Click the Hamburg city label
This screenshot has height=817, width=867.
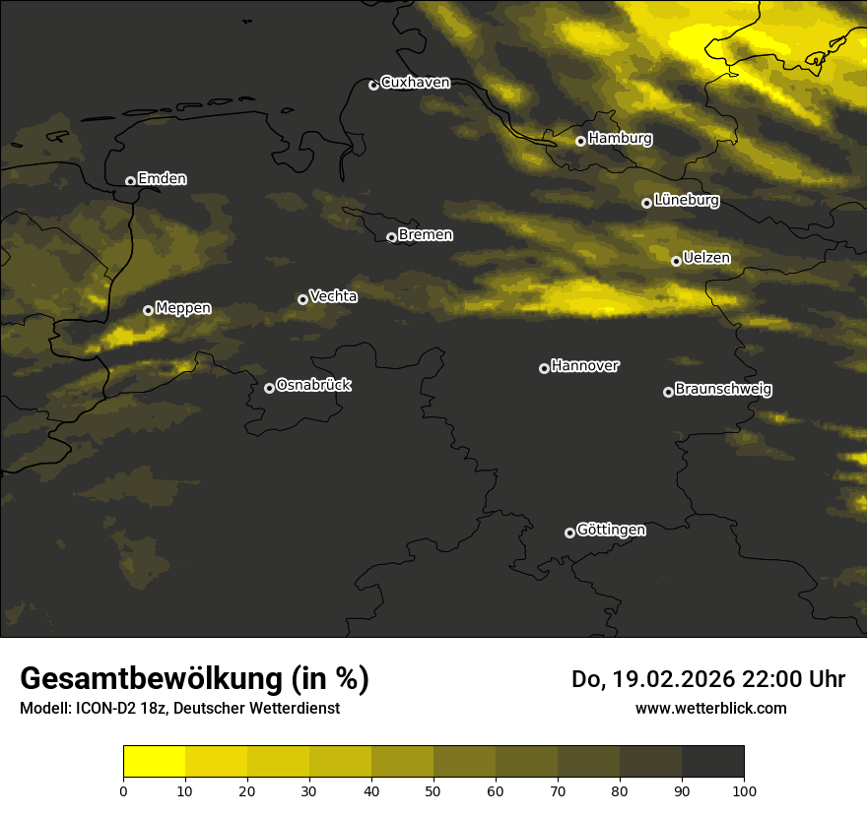(620, 139)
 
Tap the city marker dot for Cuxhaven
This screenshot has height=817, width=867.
(373, 85)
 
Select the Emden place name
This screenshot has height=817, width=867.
(162, 179)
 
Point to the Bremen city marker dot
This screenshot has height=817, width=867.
(391, 237)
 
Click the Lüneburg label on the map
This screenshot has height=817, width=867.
(686, 201)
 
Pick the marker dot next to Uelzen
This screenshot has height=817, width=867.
(676, 261)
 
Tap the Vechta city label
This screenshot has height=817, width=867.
(333, 296)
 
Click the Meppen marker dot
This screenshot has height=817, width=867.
(148, 310)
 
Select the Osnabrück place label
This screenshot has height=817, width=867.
(313, 385)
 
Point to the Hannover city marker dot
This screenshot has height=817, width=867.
(544, 368)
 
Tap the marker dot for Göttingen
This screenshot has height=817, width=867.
(569, 533)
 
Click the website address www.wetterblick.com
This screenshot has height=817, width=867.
(710, 708)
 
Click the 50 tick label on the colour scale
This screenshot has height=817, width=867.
(433, 790)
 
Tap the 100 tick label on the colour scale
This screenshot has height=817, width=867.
(744, 790)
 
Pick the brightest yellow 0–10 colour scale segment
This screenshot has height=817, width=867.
(154, 762)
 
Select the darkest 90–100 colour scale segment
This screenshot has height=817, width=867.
(712, 762)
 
